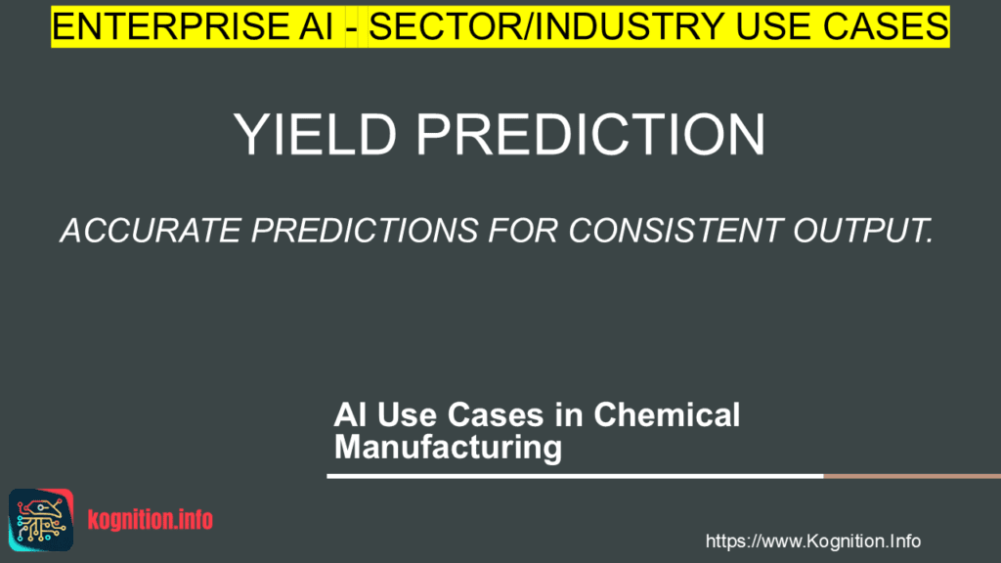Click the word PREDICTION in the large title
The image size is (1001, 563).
pyautogui.click(x=590, y=135)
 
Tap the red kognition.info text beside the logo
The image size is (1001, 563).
pyautogui.click(x=150, y=520)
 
